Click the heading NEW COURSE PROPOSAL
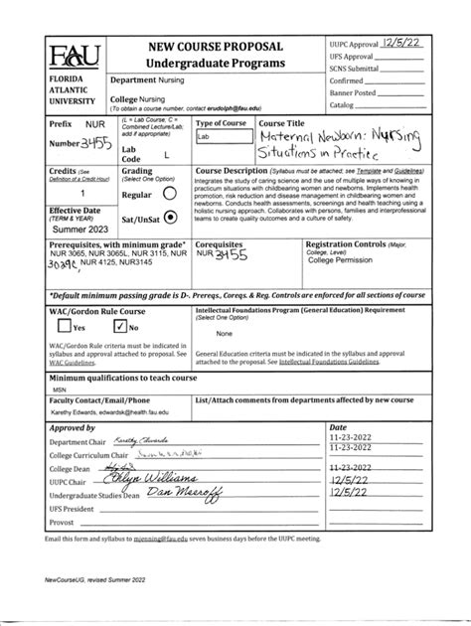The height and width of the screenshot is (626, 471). tap(216, 47)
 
